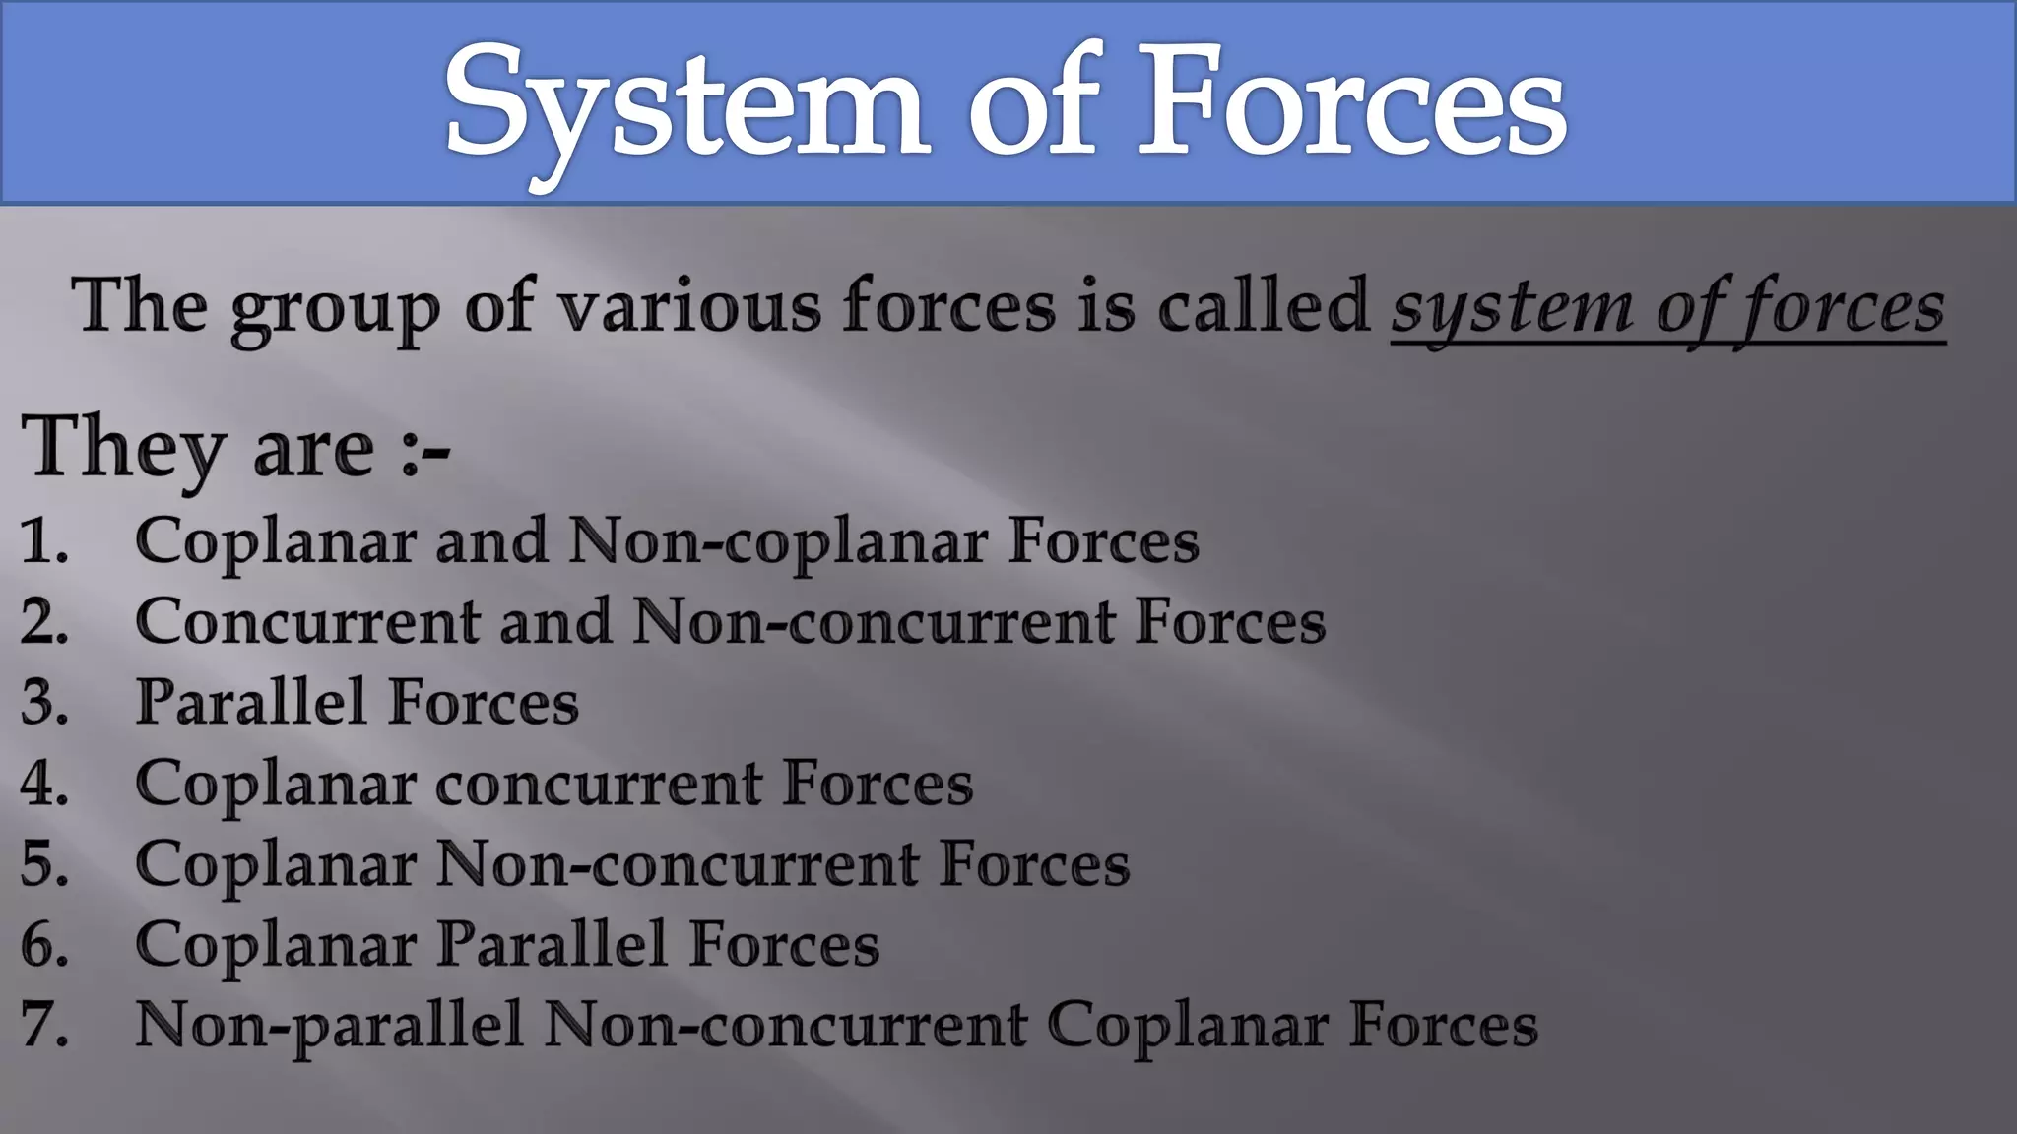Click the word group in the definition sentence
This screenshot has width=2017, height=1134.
(x=335, y=309)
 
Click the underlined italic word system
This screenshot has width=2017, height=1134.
(x=1512, y=309)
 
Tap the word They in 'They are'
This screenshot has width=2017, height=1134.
(x=123, y=448)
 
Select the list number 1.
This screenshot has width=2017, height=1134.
(x=44, y=541)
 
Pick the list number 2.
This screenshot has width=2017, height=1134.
(x=44, y=622)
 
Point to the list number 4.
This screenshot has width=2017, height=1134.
(x=44, y=784)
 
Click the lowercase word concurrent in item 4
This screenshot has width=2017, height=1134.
(x=599, y=785)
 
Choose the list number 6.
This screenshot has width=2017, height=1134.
(x=44, y=945)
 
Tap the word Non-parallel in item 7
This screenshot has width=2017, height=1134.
(x=329, y=1027)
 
